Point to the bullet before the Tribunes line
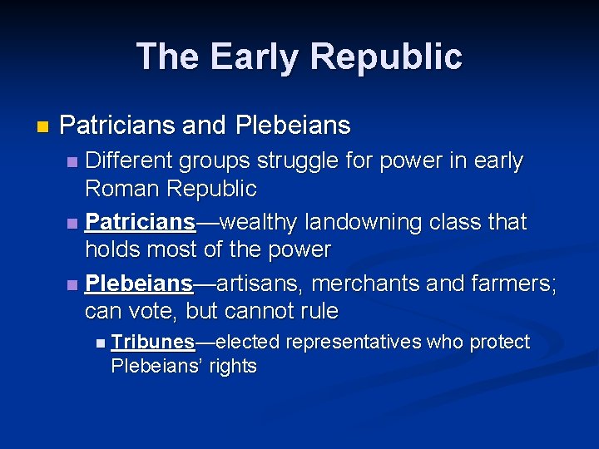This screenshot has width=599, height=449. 100,343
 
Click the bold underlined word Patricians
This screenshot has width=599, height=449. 140,223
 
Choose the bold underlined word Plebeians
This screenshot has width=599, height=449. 139,284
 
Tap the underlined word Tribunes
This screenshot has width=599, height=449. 153,343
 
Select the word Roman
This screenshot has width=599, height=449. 121,189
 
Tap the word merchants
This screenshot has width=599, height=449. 371,284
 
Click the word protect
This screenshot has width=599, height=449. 500,343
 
